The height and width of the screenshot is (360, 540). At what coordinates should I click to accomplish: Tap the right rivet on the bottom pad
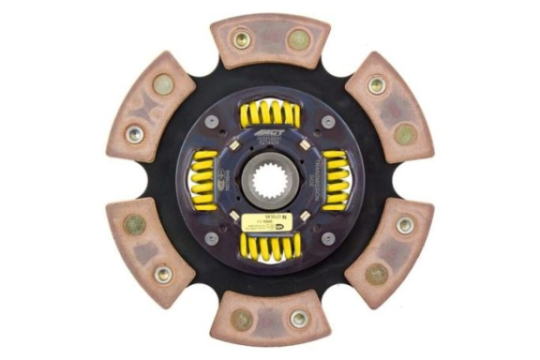click(298, 318)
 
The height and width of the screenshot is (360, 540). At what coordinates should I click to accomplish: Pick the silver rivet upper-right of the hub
click(328, 122)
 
